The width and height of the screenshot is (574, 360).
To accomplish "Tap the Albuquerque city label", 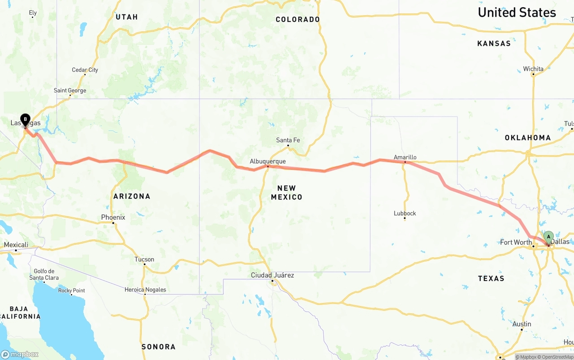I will [268, 161].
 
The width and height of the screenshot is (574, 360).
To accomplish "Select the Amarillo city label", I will [405, 157].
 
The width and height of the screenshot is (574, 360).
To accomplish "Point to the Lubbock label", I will [405, 213].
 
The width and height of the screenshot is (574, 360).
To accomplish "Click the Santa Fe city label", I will [288, 140].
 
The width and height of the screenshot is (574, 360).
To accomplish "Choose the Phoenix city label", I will [113, 217].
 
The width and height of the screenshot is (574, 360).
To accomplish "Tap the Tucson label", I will [144, 260].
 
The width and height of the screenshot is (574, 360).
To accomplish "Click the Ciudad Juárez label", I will [272, 275].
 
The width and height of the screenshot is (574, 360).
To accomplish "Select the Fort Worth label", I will [516, 243].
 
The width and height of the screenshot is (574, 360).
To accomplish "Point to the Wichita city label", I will [533, 69].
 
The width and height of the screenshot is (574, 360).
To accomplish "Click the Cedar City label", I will [85, 70].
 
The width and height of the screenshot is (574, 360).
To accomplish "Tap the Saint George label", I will [70, 91].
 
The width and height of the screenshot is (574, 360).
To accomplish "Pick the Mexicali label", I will [16, 245].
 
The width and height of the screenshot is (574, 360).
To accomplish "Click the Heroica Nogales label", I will [145, 290].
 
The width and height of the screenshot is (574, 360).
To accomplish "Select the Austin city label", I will [522, 324].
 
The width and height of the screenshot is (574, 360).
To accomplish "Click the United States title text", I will [517, 13].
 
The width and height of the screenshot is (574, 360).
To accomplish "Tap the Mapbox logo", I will [20, 354].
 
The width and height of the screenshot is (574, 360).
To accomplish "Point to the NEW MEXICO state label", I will [287, 192].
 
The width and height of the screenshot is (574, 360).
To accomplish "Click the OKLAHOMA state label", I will [528, 138].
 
